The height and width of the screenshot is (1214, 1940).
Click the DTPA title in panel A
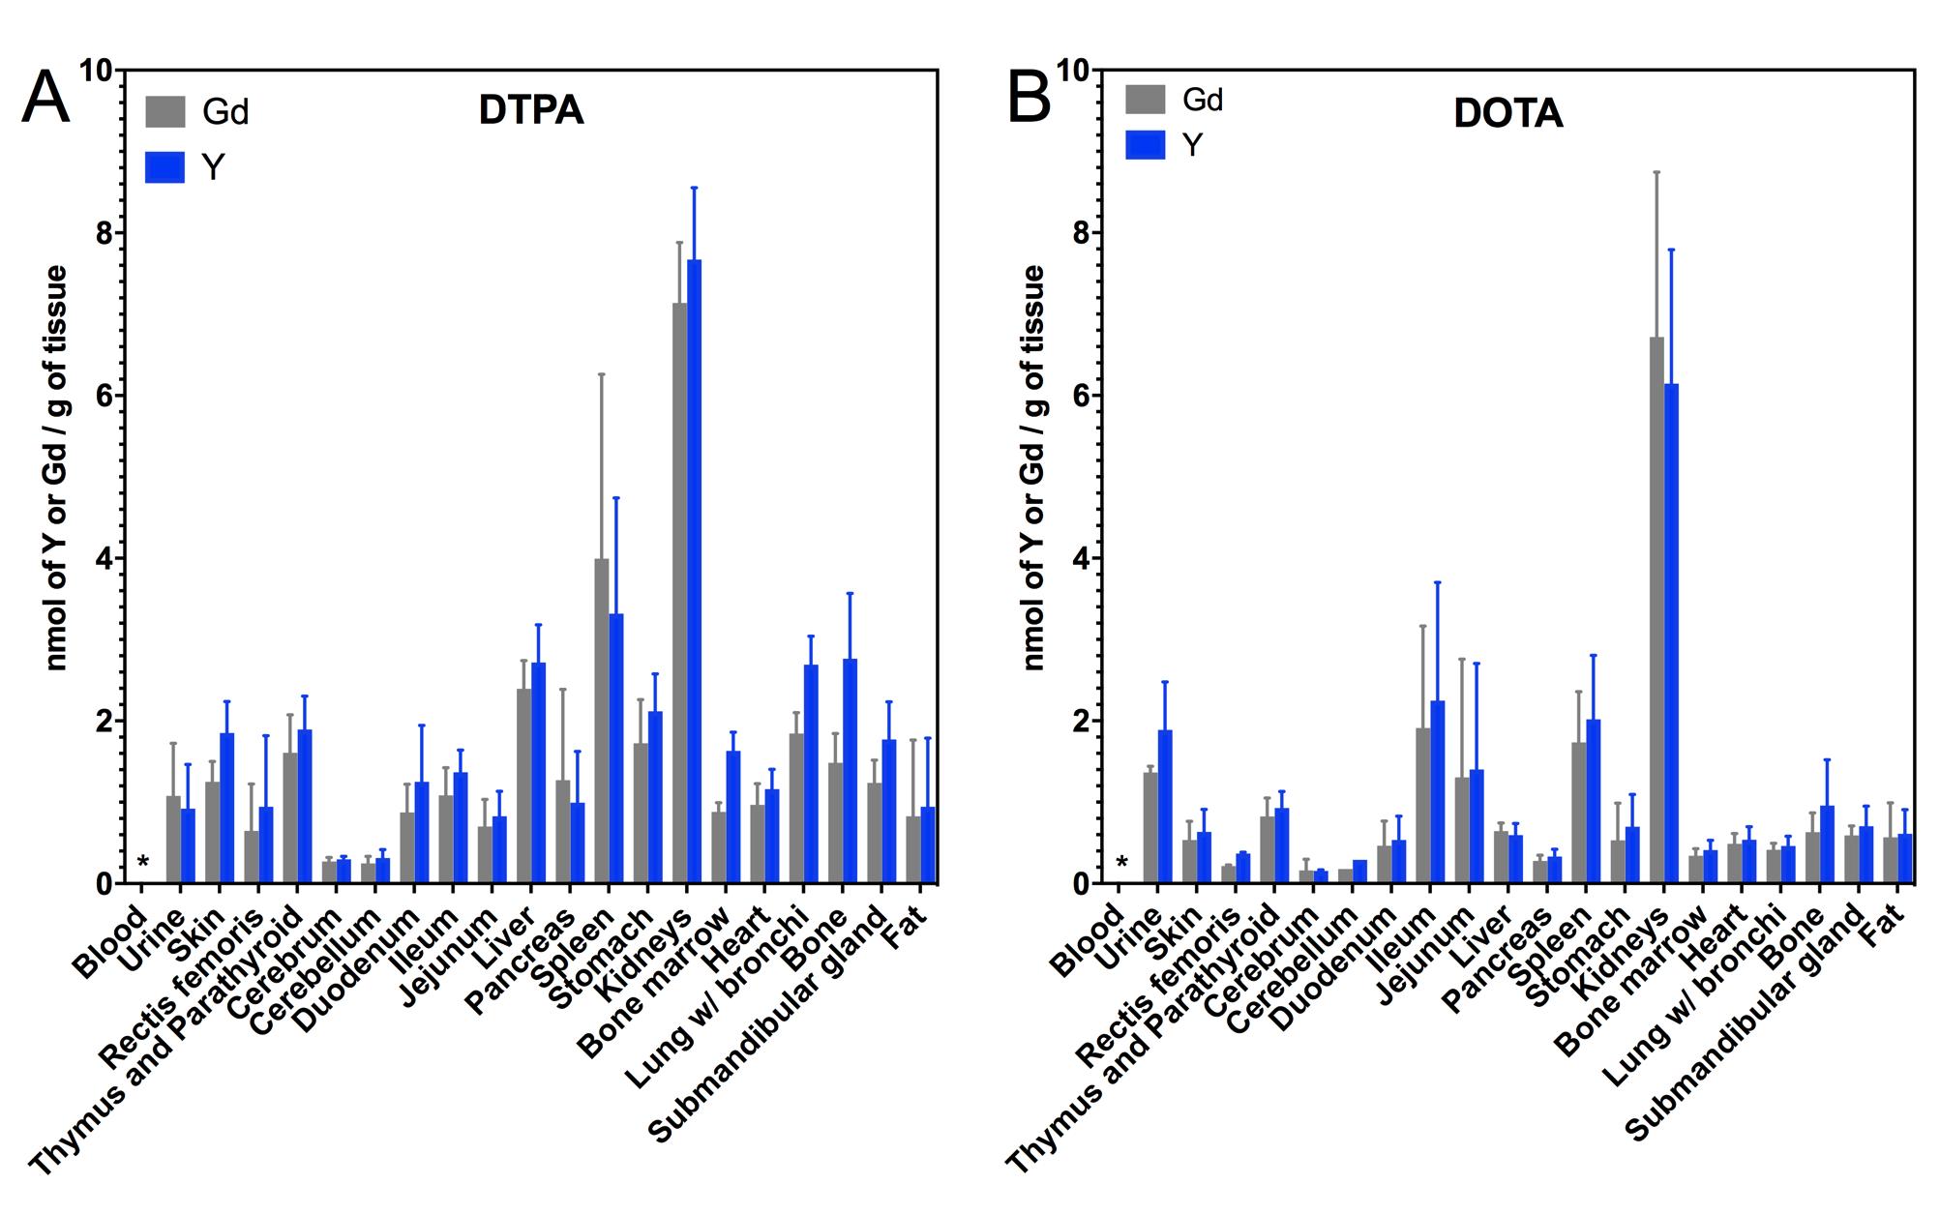pyautogui.click(x=531, y=110)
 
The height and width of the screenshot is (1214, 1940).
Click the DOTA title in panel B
pyautogui.click(x=1507, y=113)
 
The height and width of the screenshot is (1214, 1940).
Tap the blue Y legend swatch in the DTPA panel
pyautogui.click(x=164, y=167)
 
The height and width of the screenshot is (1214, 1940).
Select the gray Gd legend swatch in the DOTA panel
pyautogui.click(x=1145, y=99)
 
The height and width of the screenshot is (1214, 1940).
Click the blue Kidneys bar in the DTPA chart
pyautogui.click(x=694, y=571)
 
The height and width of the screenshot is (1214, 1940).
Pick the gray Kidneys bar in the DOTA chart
pyautogui.click(x=1656, y=609)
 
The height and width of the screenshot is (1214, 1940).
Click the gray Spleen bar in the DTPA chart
pyautogui.click(x=602, y=721)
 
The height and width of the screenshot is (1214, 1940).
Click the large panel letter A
pyautogui.click(x=45, y=97)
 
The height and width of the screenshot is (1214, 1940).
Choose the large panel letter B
pyautogui.click(x=1029, y=97)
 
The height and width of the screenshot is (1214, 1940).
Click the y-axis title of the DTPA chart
pyautogui.click(x=56, y=467)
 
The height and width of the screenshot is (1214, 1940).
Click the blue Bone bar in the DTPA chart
pyautogui.click(x=850, y=771)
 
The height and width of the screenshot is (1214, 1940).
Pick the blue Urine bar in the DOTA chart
pyautogui.click(x=1165, y=806)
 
